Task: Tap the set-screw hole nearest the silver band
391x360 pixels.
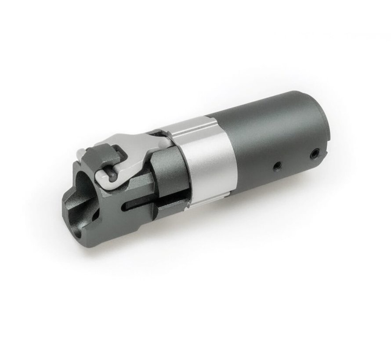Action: [x=276, y=166]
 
